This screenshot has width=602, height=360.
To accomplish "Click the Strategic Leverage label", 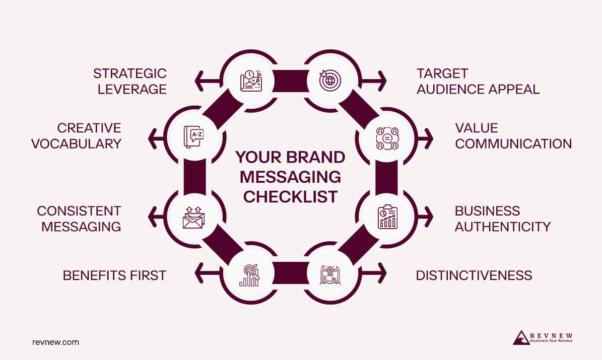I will [x=129, y=81].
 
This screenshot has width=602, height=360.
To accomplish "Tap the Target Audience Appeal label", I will [x=478, y=81].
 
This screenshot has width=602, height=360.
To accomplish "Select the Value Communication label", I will [x=513, y=135].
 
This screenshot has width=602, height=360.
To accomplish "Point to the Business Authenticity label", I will [x=502, y=218].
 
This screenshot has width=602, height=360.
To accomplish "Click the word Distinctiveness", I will [x=474, y=275].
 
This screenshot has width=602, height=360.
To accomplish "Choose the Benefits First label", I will [x=114, y=275].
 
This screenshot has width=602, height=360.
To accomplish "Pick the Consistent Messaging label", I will [x=79, y=218].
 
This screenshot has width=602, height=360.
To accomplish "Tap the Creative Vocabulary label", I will [x=76, y=135].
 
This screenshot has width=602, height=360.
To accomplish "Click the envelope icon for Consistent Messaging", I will [x=193, y=218].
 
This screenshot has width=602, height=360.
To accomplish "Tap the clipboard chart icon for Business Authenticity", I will [x=387, y=217].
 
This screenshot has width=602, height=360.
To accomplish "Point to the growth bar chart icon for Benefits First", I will [x=249, y=275].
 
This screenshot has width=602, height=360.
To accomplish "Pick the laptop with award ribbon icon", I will [x=330, y=275].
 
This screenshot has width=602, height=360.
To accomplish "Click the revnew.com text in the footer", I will [x=55, y=342].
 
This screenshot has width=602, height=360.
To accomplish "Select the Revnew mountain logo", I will [x=521, y=338].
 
